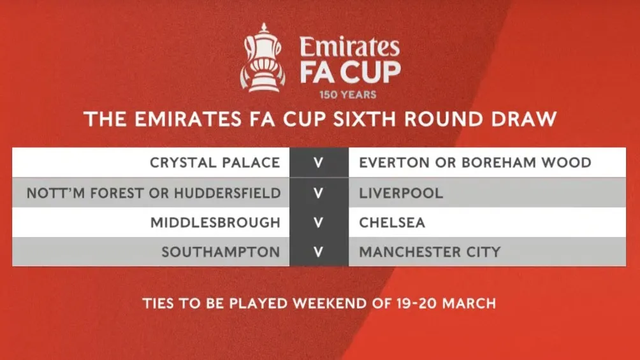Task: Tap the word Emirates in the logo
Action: (350, 47)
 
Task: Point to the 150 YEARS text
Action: (348, 95)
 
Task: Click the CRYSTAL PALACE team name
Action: (215, 162)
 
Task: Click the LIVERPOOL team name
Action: (401, 192)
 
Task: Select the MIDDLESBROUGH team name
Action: (215, 222)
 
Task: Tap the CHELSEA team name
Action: (392, 222)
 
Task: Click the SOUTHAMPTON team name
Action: (221, 252)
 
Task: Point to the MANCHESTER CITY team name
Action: (430, 252)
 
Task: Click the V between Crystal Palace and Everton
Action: (318, 162)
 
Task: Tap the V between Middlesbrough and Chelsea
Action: (318, 222)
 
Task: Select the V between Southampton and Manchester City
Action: (318, 252)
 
